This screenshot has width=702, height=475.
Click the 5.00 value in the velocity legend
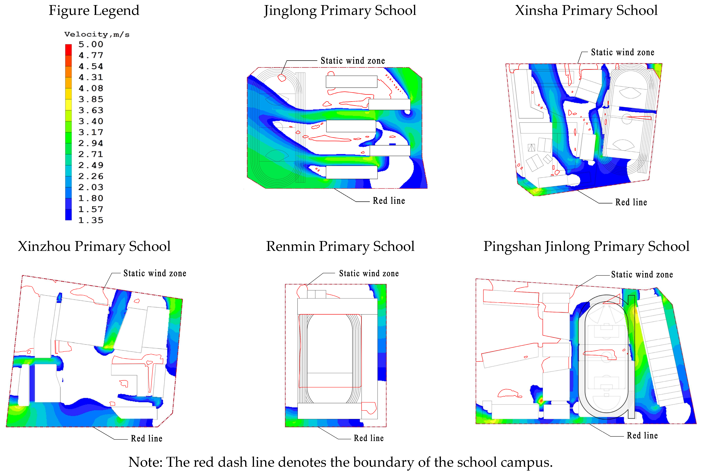(x=91, y=44)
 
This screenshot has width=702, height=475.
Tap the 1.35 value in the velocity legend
(x=91, y=220)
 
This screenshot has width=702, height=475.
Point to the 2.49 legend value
(x=91, y=165)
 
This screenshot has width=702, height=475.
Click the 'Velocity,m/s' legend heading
(x=97, y=34)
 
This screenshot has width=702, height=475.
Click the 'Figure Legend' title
(x=94, y=11)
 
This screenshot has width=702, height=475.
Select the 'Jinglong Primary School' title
(x=340, y=11)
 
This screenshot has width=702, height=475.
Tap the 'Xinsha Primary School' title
(x=586, y=11)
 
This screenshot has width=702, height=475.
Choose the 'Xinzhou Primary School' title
(x=94, y=246)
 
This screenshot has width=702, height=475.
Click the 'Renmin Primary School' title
(x=340, y=246)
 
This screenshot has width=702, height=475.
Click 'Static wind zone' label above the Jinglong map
(x=353, y=61)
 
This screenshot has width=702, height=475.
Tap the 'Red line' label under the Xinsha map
(x=631, y=202)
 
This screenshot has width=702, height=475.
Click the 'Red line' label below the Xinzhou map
(x=146, y=438)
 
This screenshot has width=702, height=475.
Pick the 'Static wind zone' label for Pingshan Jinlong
(x=642, y=274)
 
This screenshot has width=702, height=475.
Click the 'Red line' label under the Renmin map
(x=368, y=438)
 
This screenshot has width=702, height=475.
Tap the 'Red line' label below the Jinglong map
(x=389, y=201)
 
